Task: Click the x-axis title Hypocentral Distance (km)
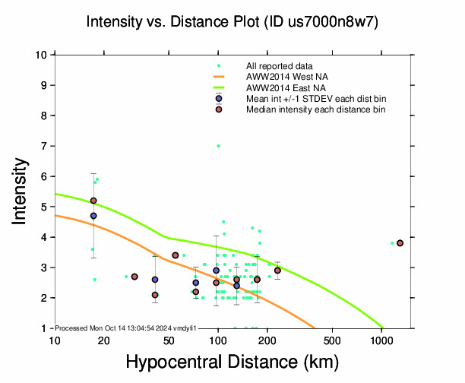tap(232, 361)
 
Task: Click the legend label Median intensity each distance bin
tap(315, 110)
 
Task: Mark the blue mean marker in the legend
tap(219, 99)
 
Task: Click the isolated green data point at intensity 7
tap(218, 145)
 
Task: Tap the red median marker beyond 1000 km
tap(400, 243)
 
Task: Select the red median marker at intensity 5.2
tap(93, 201)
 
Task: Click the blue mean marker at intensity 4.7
tap(93, 216)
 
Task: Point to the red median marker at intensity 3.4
tap(176, 255)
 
